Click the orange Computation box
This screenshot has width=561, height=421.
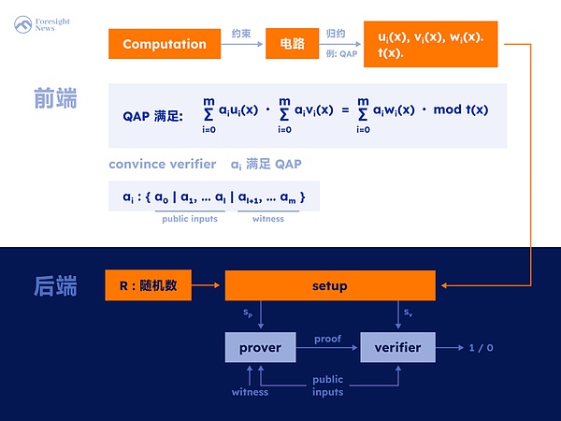[x=164, y=44]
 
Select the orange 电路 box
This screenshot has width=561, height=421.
[x=293, y=44]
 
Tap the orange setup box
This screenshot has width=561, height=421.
[x=329, y=285]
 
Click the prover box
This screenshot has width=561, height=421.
[x=260, y=347]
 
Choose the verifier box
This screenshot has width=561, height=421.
[x=397, y=347]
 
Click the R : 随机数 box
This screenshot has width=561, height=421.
[x=148, y=285]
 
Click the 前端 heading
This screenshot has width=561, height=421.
[x=55, y=97]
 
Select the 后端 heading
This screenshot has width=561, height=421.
[x=55, y=284]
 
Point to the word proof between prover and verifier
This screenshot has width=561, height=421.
[x=327, y=339]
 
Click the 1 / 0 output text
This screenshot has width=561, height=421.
[x=481, y=347]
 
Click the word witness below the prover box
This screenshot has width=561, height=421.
[x=250, y=391]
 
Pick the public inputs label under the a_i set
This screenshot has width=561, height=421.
[x=190, y=219]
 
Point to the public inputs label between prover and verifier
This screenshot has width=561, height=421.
[x=327, y=385]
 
